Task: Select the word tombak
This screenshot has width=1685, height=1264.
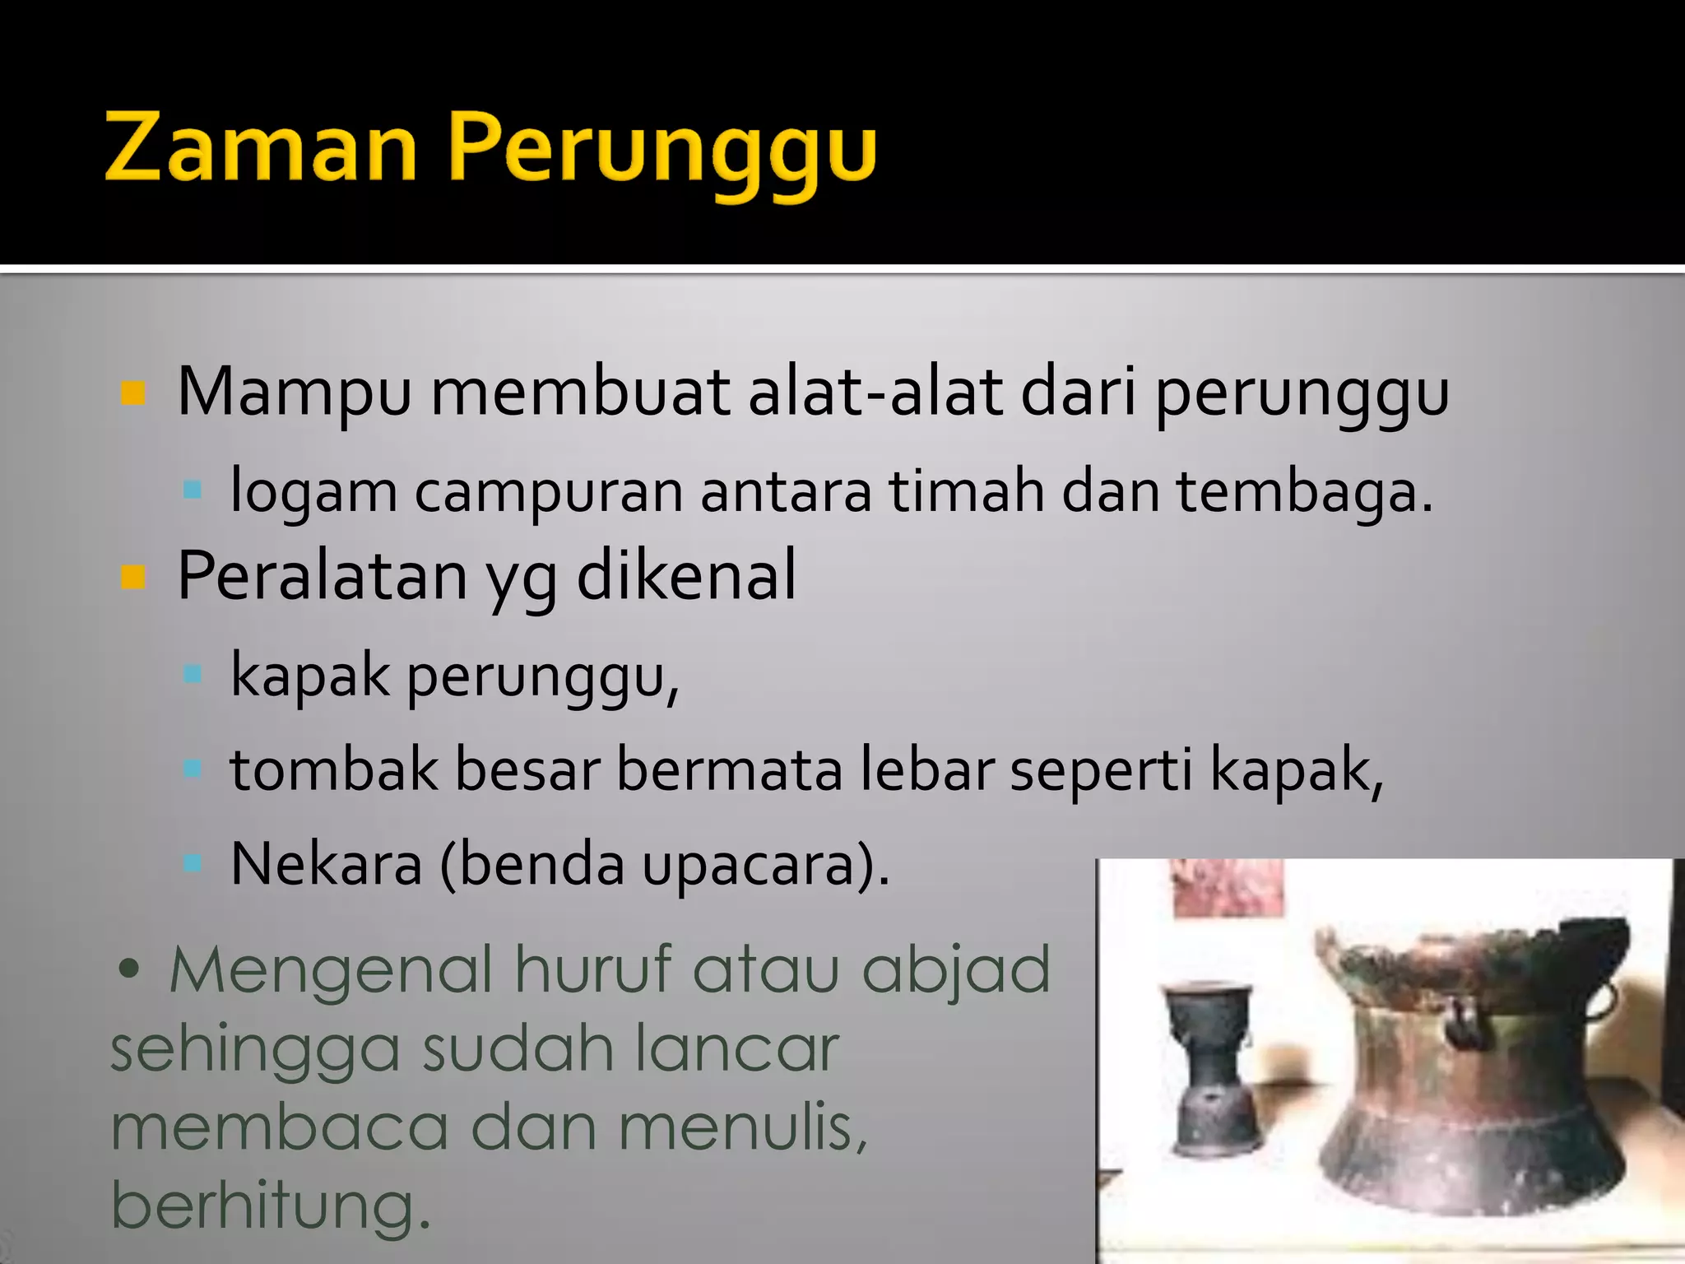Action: click(334, 769)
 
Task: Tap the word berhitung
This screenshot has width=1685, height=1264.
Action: click(272, 1205)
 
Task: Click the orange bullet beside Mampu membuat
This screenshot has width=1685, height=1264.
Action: click(132, 393)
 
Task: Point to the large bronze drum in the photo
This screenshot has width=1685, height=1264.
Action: click(1473, 1070)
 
